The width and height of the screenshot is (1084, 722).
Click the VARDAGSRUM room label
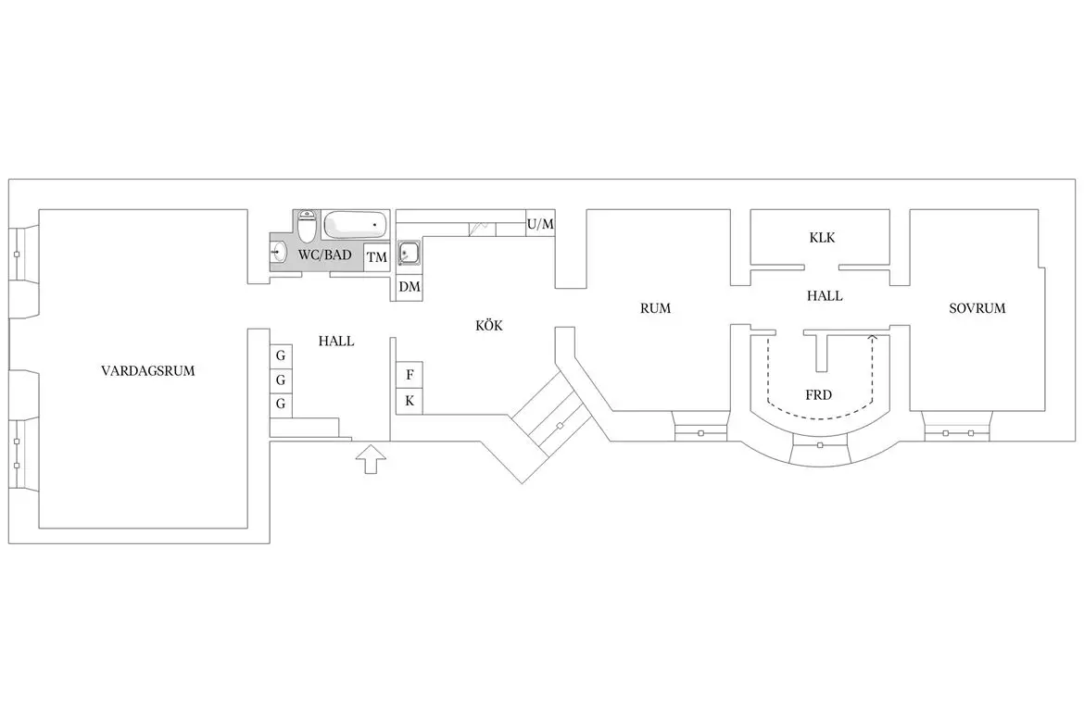(x=148, y=371)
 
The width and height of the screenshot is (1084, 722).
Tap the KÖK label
(x=489, y=326)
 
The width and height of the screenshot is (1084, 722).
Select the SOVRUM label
(x=977, y=308)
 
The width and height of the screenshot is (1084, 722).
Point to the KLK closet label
(x=822, y=238)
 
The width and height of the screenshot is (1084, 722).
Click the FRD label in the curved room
(x=818, y=395)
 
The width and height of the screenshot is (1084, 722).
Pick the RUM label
(x=655, y=308)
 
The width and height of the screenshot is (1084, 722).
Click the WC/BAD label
(x=325, y=255)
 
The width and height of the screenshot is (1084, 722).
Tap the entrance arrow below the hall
(x=371, y=459)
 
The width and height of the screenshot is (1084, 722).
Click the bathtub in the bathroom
(x=356, y=224)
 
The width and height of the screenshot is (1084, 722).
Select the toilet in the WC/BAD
(x=307, y=225)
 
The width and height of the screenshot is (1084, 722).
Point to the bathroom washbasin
(x=278, y=252)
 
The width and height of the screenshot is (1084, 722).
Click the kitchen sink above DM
(x=410, y=253)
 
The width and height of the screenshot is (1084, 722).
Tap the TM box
(x=377, y=257)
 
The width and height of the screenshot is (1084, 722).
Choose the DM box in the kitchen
(x=410, y=287)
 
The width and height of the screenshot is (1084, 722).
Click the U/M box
(x=541, y=224)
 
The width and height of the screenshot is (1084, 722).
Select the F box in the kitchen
(x=410, y=375)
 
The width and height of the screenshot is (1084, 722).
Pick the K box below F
(x=410, y=402)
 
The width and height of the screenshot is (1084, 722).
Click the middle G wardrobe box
(x=281, y=380)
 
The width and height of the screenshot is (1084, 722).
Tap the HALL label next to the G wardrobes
(x=336, y=342)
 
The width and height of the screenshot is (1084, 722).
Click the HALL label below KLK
(x=825, y=296)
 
